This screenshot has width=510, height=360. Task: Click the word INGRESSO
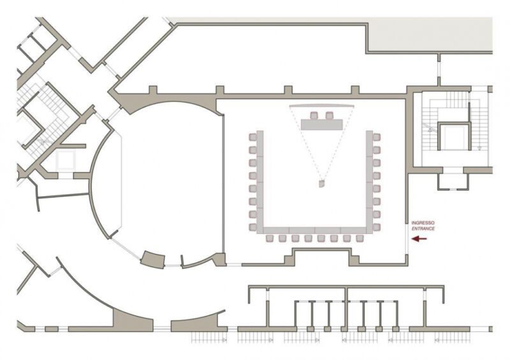click(x=423, y=223)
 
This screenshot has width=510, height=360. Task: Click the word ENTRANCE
click(x=423, y=229)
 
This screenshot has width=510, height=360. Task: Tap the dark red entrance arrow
click(x=419, y=239)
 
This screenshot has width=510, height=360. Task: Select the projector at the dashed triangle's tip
click(x=322, y=184)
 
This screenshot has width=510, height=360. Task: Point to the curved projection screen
click(x=321, y=106)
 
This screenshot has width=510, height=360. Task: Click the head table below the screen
click(x=322, y=124)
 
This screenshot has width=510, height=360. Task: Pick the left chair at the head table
click(x=314, y=115)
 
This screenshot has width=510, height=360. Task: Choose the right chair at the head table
click(x=330, y=115)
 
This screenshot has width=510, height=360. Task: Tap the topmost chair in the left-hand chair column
click(x=252, y=137)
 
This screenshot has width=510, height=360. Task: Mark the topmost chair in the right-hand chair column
click(x=377, y=137)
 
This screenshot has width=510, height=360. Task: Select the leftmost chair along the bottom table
click(x=270, y=238)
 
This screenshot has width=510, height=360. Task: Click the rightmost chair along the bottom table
click(x=360, y=238)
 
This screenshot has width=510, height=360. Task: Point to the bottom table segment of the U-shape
click(x=314, y=231)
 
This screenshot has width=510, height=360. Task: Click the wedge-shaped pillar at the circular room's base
click(x=153, y=259)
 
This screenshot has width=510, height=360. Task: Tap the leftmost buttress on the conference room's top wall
click(x=153, y=90)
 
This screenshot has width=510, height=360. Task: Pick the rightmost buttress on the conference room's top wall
click(x=355, y=90)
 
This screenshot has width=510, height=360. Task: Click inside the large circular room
click(x=163, y=182)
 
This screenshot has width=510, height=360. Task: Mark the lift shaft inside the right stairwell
click(x=453, y=136)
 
